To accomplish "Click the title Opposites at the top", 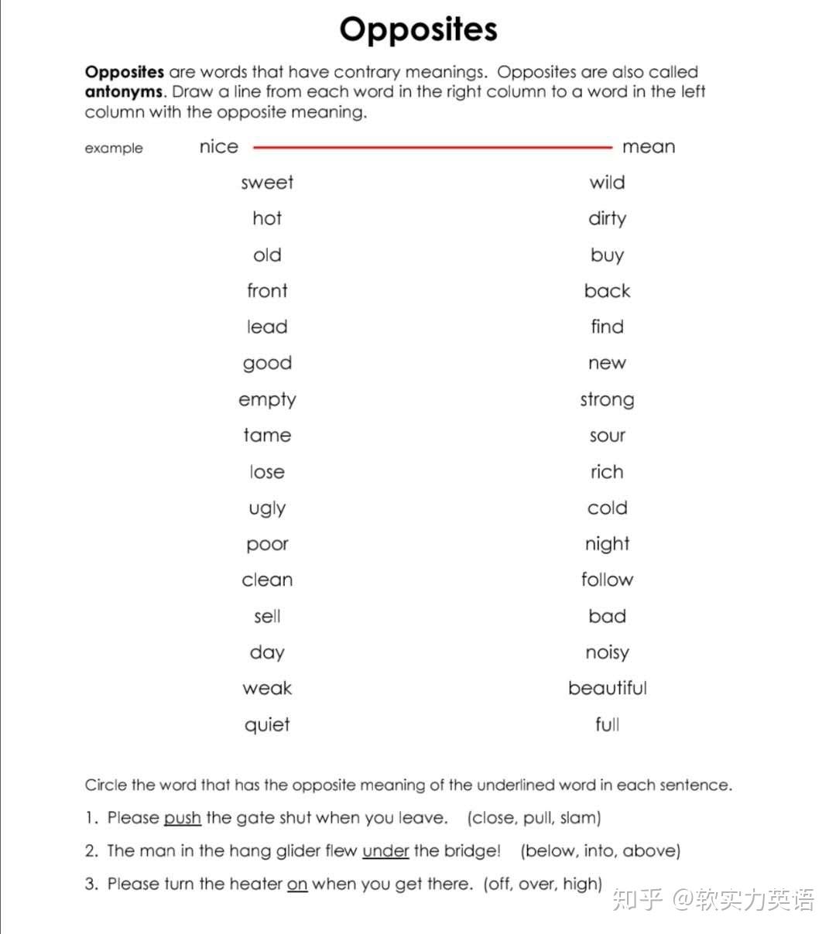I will (418, 30).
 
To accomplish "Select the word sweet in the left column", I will (267, 183).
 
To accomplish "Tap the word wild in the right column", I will (607, 183).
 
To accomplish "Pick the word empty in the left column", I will (267, 400).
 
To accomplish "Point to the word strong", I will (607, 400).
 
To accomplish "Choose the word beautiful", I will (607, 689).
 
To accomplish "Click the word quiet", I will (267, 725).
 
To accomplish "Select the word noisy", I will (607, 653).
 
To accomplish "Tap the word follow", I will (607, 580).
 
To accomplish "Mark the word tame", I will (267, 436).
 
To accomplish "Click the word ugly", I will (267, 508).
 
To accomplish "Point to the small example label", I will (114, 149).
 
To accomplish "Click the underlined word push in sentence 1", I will (182, 818).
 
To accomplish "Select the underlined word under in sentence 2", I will (385, 851).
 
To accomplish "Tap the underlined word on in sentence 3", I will (297, 884).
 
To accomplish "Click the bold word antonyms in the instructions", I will (124, 92).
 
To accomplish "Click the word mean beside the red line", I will (649, 147).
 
